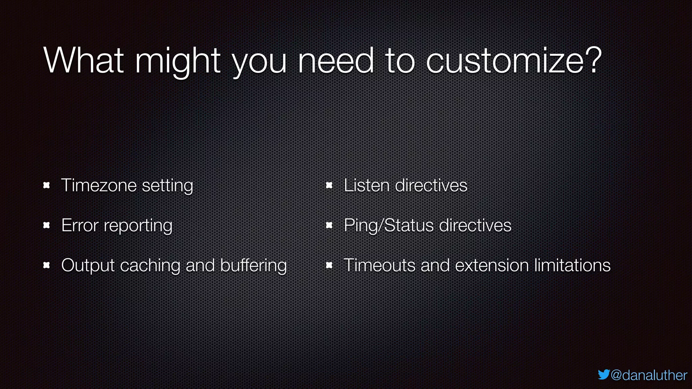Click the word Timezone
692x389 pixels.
pyautogui.click(x=99, y=185)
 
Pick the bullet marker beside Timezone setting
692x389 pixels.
pyautogui.click(x=47, y=185)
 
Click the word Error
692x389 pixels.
pyautogui.click(x=80, y=225)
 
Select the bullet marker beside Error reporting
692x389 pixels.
pyautogui.click(x=47, y=225)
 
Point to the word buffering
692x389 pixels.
pyautogui.click(x=253, y=265)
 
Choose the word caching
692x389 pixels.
pyautogui.click(x=150, y=265)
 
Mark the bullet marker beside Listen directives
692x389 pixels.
pyautogui.click(x=329, y=185)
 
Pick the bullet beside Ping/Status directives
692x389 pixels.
pyautogui.click(x=329, y=225)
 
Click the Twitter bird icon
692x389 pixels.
pyautogui.click(x=603, y=374)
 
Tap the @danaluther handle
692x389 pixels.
pyautogui.click(x=649, y=375)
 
